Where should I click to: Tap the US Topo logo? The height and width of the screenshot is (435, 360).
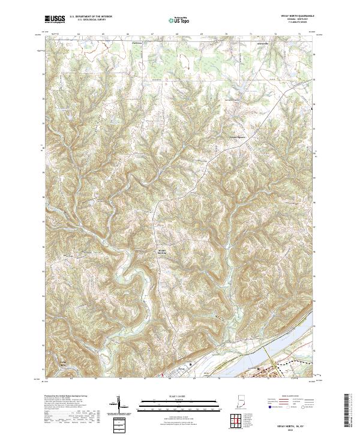(179, 20)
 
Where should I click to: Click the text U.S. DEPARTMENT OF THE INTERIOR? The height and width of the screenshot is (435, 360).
(91, 17)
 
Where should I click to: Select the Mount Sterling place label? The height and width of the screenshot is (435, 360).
(162, 251)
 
